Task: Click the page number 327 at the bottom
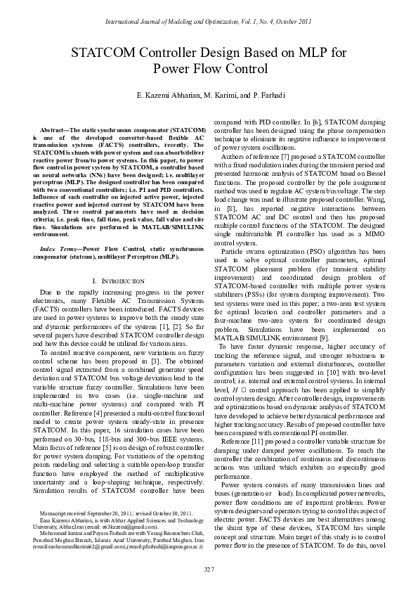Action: pos(209,568)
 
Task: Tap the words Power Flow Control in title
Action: pos(209,70)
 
